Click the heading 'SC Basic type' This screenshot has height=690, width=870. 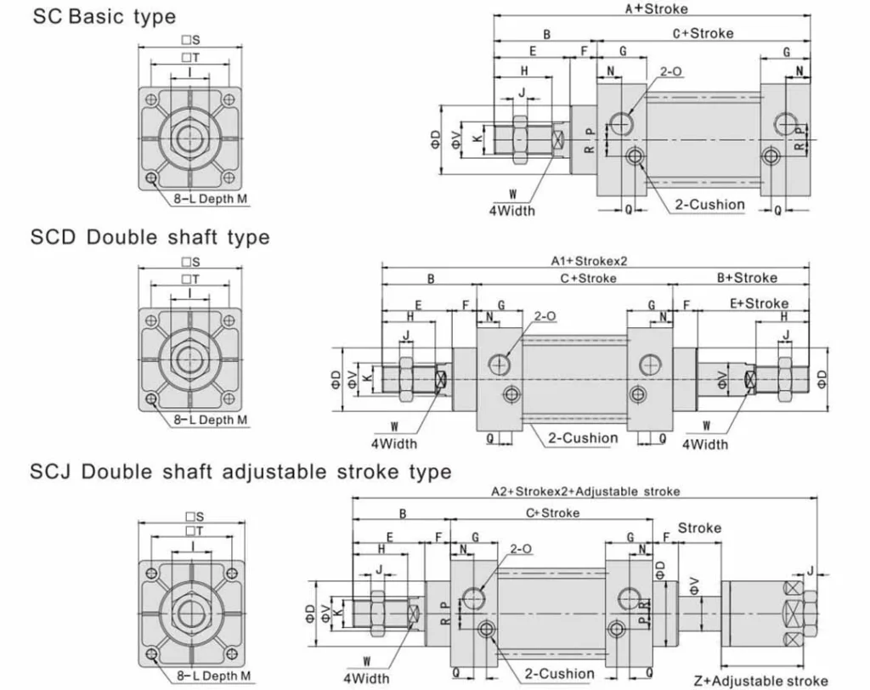pos(104,16)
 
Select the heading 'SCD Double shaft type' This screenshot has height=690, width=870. pos(150,237)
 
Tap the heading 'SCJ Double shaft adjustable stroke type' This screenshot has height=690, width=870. pos(240,471)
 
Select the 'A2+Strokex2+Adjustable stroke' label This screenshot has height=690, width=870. pos(585,491)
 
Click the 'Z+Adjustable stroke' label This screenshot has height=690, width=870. pos(760,680)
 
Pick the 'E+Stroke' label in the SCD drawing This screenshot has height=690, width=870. pos(759,303)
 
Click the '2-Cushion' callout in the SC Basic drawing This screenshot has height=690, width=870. pos(709,204)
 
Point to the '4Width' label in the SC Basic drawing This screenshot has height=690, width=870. pos(512,210)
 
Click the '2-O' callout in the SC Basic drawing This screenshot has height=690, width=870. pos(670,71)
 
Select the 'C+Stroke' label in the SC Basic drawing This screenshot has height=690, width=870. pos(703,34)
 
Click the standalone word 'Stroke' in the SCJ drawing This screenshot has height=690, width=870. pos(699,528)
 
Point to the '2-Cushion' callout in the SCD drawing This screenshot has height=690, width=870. pos(583,438)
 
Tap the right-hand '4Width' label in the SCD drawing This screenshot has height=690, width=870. pos(704,444)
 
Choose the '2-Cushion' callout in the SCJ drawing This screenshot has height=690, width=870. pos(560,673)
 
